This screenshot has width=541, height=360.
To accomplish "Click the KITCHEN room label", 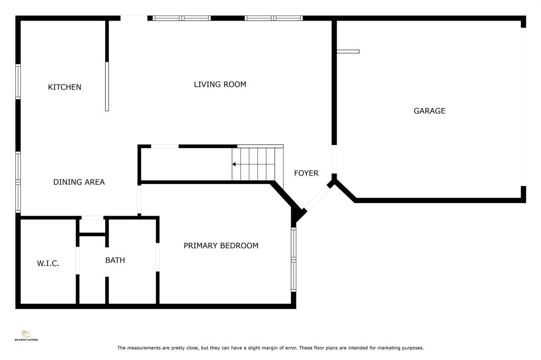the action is click(x=64, y=87).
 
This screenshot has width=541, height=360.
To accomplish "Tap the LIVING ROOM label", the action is click(x=220, y=84).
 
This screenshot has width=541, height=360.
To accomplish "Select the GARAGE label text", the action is click(x=430, y=111).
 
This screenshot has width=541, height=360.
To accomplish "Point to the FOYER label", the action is click(x=306, y=173).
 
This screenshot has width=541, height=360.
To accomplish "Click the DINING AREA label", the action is click(x=79, y=182).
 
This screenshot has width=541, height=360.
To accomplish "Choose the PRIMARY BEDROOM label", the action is click(x=221, y=245).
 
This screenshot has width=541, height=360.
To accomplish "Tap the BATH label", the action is click(x=115, y=260).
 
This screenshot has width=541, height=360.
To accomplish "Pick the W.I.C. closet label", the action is click(x=48, y=263).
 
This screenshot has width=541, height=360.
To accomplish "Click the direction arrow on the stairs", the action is click(x=234, y=164).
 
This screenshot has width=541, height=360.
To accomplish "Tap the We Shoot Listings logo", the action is click(x=26, y=336).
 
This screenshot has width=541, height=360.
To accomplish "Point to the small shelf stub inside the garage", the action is click(x=348, y=51).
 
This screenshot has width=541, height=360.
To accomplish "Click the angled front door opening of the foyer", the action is click(x=318, y=198).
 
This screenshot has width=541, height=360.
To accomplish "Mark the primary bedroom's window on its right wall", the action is click(x=294, y=259).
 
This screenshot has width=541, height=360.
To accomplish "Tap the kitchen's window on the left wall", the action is click(x=18, y=81).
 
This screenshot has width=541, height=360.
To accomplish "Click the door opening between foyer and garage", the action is click(x=334, y=159).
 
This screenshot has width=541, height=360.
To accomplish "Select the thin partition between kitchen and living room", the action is click(x=107, y=86).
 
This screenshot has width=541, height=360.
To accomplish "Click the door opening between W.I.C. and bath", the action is click(x=78, y=261).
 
